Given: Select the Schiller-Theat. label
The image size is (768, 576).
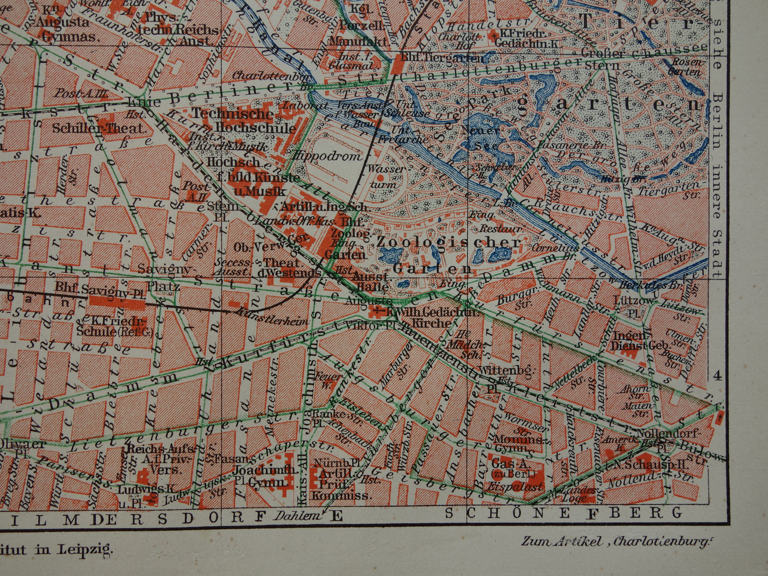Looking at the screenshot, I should pos(98,128).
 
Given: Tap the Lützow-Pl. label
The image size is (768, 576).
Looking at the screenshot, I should pos(633,308).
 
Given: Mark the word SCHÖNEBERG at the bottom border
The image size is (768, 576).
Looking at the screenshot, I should pos(563,513).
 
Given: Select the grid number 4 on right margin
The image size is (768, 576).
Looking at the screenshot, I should pos(717,376).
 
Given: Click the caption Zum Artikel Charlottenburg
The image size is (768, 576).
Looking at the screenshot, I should pos(616,541).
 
